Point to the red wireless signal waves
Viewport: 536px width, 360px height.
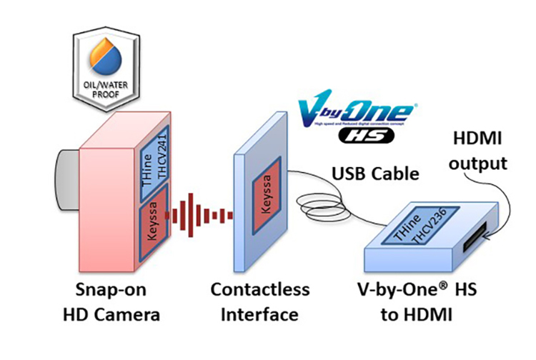pos(201,213)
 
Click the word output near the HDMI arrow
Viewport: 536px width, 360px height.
pos(481,163)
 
